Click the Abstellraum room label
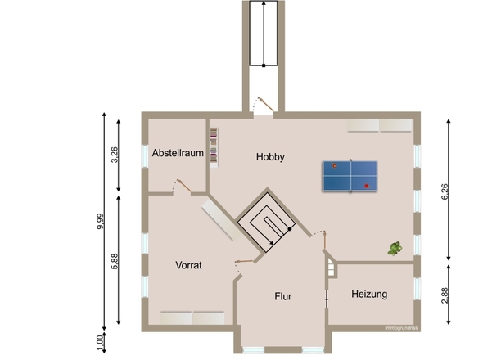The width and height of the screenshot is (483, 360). click(178, 153)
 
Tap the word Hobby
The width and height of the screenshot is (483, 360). click(270, 157)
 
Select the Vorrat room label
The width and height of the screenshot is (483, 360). click(188, 265)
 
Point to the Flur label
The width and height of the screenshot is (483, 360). click(282, 296)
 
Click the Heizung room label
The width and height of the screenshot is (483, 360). click(369, 294)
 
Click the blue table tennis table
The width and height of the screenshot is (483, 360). click(350, 176)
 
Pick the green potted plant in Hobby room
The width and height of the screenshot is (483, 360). click(395, 249)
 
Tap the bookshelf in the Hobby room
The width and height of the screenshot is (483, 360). click(214, 147)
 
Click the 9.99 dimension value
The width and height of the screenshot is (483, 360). click(101, 221)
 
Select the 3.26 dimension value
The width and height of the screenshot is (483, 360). click(115, 155)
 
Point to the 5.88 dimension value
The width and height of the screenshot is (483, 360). click(115, 261)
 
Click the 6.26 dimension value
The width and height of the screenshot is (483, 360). click(445, 191)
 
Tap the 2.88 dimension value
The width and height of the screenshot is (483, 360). click(445, 295)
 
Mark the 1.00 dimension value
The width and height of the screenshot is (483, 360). click(101, 343)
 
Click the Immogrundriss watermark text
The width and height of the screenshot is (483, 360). click(401, 328)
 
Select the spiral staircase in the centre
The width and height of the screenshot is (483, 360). click(266, 220)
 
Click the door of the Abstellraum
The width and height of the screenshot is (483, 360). click(183, 187)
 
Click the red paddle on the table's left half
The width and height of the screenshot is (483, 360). click(334, 165)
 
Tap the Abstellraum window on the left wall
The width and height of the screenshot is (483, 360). click(144, 155)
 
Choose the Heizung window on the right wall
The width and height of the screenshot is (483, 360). click(417, 289)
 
